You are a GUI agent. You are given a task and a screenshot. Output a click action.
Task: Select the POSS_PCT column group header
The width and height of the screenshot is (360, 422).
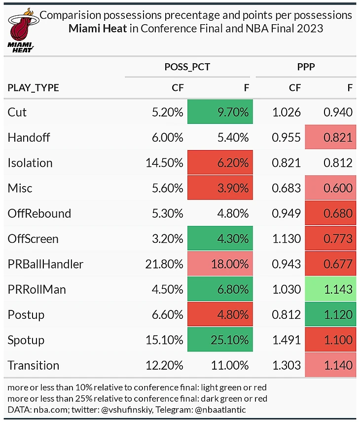pyautogui.click(x=187, y=67)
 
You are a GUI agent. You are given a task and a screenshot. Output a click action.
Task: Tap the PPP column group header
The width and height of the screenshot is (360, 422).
pyautogui.click(x=306, y=67)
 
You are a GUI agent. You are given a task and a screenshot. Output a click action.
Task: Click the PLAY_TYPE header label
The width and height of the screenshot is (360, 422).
pyautogui.click(x=33, y=88)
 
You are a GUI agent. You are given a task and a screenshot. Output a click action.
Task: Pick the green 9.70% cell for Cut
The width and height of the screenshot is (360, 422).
pyautogui.click(x=220, y=112)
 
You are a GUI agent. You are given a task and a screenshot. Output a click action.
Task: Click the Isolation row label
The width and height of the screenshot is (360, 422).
pyautogui.click(x=30, y=163)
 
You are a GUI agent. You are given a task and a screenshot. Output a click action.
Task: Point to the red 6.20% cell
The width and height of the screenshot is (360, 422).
pyautogui.click(x=220, y=163)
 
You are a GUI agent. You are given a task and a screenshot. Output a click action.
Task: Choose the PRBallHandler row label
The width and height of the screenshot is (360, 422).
pyautogui.click(x=45, y=264)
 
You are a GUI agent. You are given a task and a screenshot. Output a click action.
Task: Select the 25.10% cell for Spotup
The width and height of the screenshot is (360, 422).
pyautogui.click(x=220, y=340)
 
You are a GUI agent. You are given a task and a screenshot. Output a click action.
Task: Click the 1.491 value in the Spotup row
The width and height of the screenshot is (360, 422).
pyautogui.click(x=287, y=340)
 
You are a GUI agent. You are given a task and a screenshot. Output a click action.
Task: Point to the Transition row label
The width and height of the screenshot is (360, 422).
pyautogui.click(x=34, y=365)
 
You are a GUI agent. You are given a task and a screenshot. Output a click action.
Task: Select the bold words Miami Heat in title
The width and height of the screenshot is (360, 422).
pyautogui.click(x=99, y=28)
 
